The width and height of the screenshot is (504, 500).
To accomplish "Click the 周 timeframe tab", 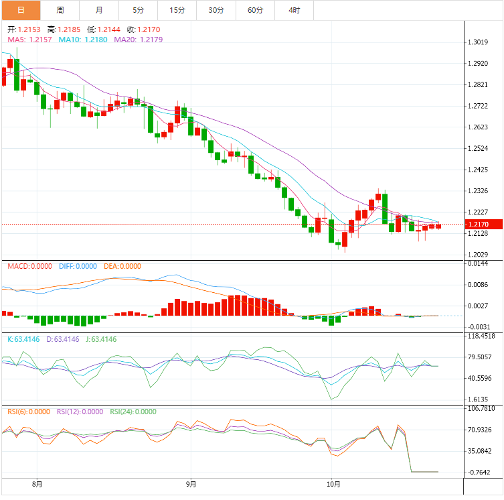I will (60, 10).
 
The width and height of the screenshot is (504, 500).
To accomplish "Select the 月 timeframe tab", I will (99, 10).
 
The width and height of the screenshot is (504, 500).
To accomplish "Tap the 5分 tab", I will (138, 10).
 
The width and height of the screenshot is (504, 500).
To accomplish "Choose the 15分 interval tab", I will (177, 10).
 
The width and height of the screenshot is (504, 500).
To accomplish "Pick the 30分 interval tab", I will (216, 10).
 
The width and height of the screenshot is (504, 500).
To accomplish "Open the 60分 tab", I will (255, 10).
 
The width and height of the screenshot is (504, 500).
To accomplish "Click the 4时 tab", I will (295, 10).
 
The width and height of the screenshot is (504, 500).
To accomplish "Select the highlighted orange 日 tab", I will (21, 10).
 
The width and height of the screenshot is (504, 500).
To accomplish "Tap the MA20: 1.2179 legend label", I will (138, 40).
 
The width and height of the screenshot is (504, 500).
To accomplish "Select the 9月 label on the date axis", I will (191, 484).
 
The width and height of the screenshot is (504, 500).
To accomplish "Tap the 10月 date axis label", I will (333, 484).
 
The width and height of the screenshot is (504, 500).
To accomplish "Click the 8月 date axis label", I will (37, 484).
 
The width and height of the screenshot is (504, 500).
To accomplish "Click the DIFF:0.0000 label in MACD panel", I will (78, 266).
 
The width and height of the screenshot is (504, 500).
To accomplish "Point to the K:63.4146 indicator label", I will (24, 339).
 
